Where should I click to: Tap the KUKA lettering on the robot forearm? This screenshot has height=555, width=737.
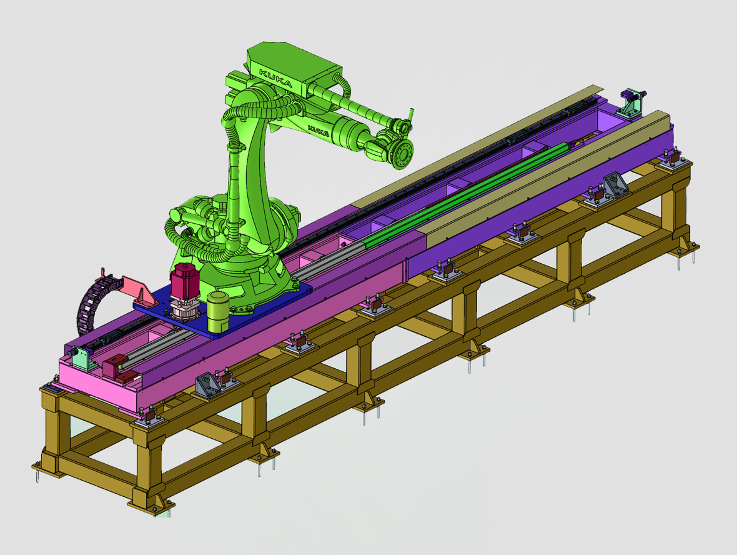pos(318,130)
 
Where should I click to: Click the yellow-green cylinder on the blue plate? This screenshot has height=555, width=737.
pos(218,311)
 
